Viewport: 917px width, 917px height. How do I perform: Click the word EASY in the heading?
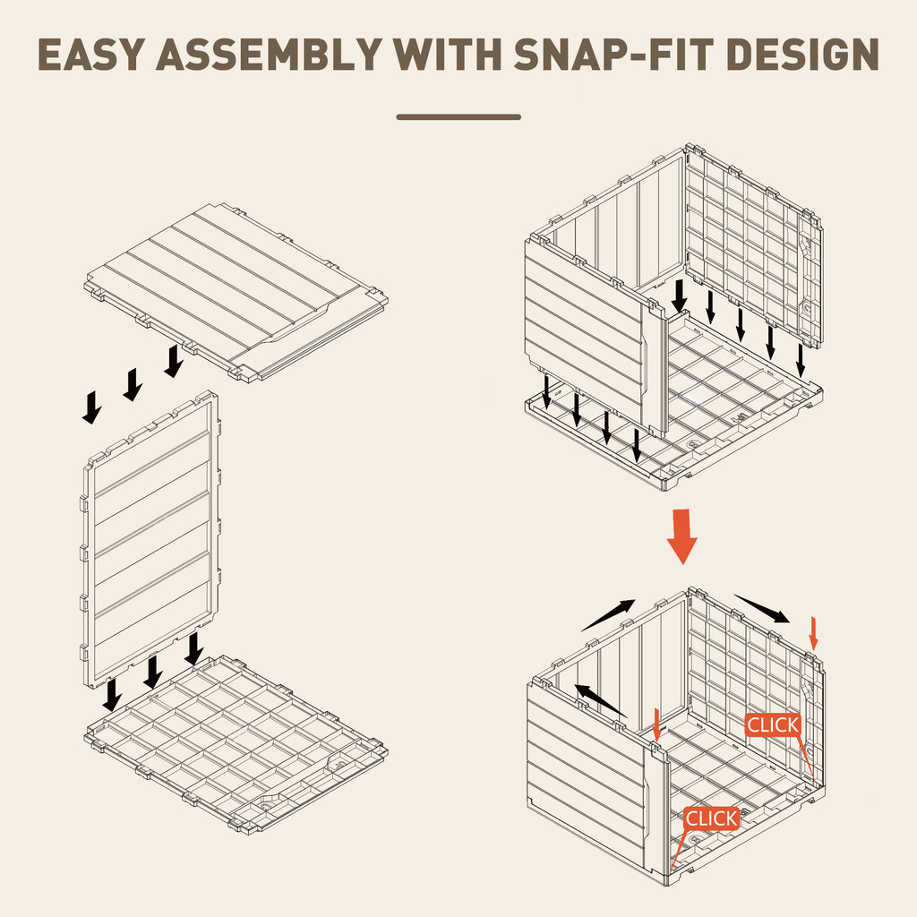point(91,55)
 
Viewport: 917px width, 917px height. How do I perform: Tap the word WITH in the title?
point(448,55)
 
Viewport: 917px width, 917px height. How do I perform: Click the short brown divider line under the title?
point(458,117)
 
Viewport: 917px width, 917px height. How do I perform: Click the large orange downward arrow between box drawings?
point(681,536)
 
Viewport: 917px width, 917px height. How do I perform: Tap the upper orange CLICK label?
point(773,725)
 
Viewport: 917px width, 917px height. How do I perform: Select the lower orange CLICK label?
point(712,818)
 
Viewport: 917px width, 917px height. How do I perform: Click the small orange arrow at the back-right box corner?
point(813,633)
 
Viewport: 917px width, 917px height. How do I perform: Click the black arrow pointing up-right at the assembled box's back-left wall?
point(608,615)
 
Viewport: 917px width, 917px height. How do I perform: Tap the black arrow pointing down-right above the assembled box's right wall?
point(762,609)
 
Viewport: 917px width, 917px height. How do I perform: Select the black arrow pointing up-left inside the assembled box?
point(601,700)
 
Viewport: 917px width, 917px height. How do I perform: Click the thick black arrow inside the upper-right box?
point(679,296)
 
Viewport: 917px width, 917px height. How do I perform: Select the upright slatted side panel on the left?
point(150,539)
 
